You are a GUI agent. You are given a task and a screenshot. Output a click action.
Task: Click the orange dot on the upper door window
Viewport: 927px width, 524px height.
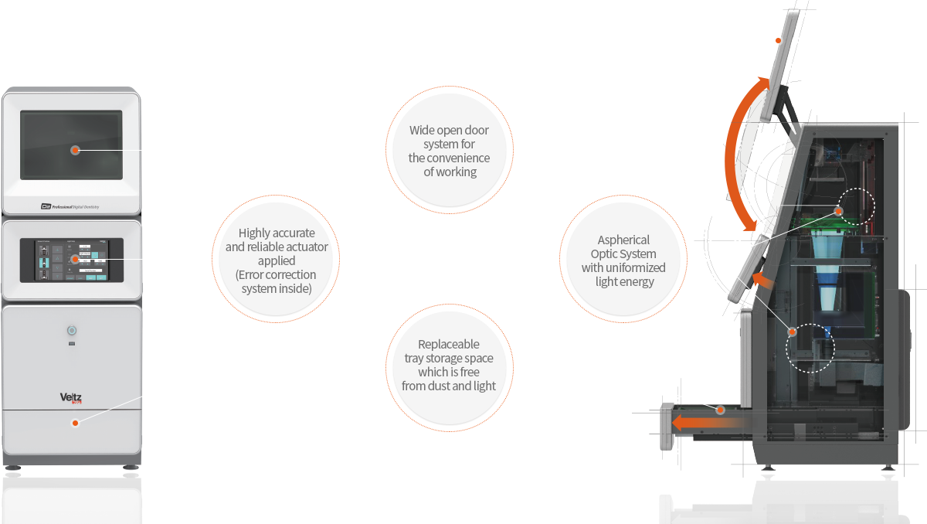click(75, 150)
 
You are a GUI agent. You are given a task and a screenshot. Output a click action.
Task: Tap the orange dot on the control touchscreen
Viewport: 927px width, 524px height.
click(75, 259)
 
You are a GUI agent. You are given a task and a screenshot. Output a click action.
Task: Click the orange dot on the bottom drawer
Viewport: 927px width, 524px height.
click(75, 423)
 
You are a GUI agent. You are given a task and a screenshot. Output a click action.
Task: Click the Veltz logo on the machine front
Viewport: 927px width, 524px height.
click(71, 398)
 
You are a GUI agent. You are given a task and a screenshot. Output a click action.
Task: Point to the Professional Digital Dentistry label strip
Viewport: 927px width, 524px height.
click(70, 207)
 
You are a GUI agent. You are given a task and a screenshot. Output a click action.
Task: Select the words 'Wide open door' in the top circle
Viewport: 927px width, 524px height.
click(449, 130)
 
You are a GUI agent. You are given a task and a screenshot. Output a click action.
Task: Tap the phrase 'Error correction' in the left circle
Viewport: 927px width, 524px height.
click(277, 274)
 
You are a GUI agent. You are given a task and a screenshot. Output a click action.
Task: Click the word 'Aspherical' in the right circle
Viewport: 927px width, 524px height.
click(623, 240)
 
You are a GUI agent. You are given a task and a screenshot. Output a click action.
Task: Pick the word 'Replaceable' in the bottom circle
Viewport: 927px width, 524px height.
click(449, 344)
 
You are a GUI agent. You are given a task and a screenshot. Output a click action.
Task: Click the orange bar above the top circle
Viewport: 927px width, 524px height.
click(449, 90)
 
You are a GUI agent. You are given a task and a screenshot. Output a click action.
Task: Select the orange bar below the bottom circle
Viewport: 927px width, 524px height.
click(449, 425)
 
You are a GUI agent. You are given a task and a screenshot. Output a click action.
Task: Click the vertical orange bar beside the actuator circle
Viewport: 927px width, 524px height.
click(215, 258)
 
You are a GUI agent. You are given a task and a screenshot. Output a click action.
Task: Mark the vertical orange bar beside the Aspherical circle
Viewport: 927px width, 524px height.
click(683, 258)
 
